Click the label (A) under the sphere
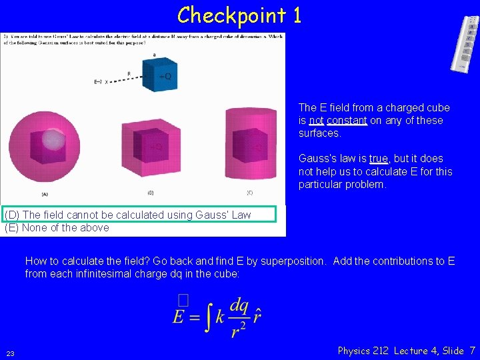[45, 194]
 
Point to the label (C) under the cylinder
[250, 193]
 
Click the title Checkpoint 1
[239, 15]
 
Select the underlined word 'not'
[317, 121]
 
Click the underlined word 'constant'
[347, 121]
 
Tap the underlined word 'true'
[378, 159]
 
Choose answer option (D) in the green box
[128, 215]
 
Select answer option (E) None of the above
[57, 227]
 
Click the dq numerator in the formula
[239, 305]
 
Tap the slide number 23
[11, 353]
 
